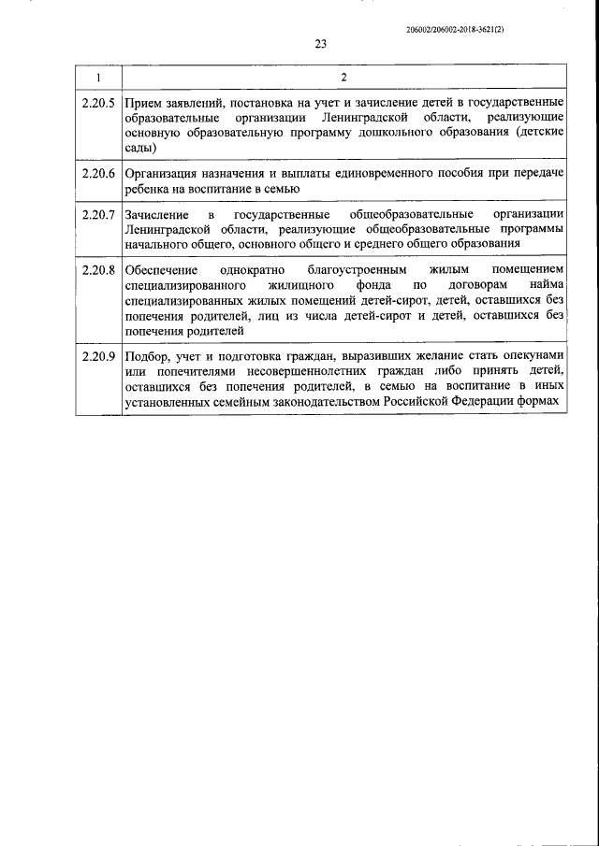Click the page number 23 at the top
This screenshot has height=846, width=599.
(321, 43)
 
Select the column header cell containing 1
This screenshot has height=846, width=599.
(98, 76)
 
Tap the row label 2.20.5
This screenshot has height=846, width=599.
(98, 101)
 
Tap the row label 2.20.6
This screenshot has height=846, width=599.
(98, 173)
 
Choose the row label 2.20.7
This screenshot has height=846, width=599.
(98, 215)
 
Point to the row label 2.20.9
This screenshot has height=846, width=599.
(98, 356)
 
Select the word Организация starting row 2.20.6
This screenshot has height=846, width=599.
(160, 173)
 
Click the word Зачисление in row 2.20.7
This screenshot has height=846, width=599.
(155, 215)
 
